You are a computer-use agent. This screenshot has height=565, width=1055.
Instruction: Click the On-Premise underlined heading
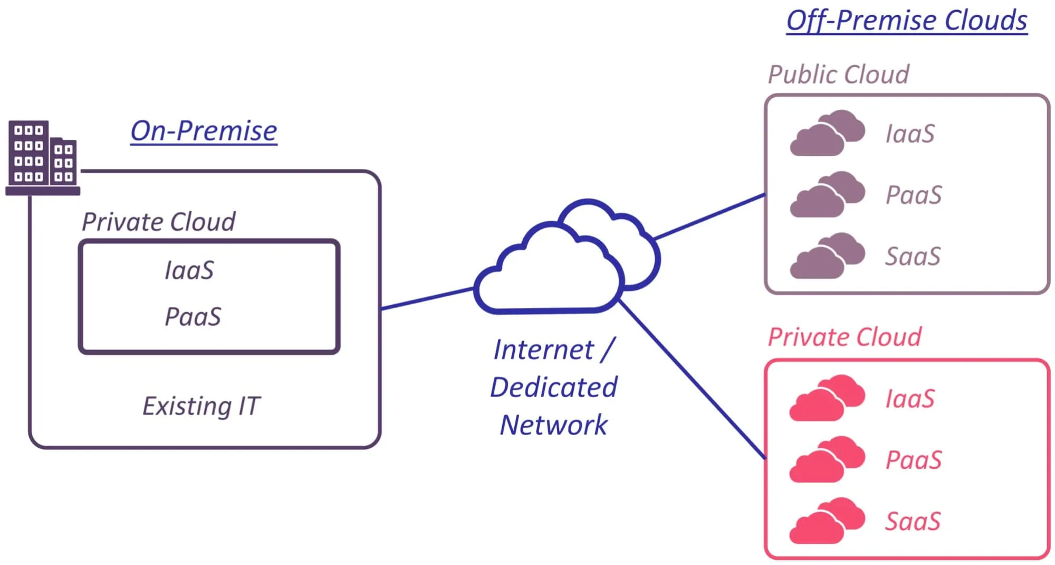pyautogui.click(x=204, y=131)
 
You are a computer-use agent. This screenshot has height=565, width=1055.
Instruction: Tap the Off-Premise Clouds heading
pyautogui.click(x=906, y=21)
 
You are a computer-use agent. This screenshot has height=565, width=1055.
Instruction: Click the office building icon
pyautogui.click(x=42, y=158)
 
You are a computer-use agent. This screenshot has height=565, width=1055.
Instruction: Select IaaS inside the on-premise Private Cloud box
pyautogui.click(x=189, y=270)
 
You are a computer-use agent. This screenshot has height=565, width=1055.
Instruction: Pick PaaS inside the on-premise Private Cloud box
pyautogui.click(x=193, y=317)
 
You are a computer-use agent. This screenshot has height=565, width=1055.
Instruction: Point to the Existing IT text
pyautogui.click(x=201, y=406)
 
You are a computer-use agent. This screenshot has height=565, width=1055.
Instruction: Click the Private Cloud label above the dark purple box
pyautogui.click(x=158, y=222)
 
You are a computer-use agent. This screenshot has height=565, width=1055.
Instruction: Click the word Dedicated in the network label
pyautogui.click(x=553, y=387)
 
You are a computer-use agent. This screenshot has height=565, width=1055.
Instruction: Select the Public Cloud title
pyautogui.click(x=838, y=74)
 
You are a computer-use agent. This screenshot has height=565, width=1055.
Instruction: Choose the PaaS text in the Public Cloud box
pyautogui.click(x=914, y=195)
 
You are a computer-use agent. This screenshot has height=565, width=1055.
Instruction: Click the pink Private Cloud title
pyautogui.click(x=844, y=337)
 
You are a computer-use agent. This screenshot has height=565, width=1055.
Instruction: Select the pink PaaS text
pyautogui.click(x=914, y=460)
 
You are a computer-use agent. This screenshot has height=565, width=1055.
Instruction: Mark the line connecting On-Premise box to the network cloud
pyautogui.click(x=427, y=298)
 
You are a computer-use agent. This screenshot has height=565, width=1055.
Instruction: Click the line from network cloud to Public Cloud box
pyautogui.click(x=709, y=216)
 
